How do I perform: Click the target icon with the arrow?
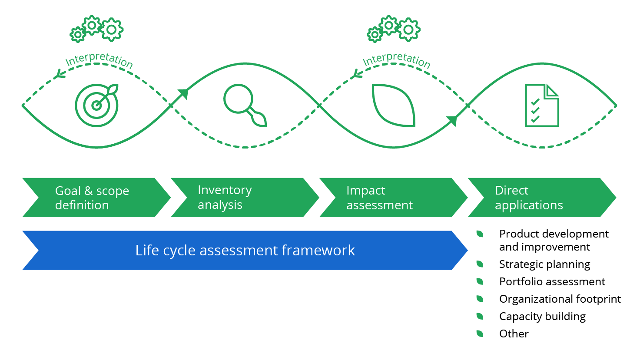(96, 105)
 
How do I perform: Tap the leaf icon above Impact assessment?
(394, 106)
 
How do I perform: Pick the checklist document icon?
(541, 106)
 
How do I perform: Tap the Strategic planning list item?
(544, 264)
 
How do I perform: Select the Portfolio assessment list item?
(552, 281)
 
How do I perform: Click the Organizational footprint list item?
(560, 299)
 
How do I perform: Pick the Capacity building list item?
(542, 316)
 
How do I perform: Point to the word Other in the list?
(514, 334)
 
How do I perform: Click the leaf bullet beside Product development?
(480, 234)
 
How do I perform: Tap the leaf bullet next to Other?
(480, 334)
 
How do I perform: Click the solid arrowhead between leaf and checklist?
(452, 120)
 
